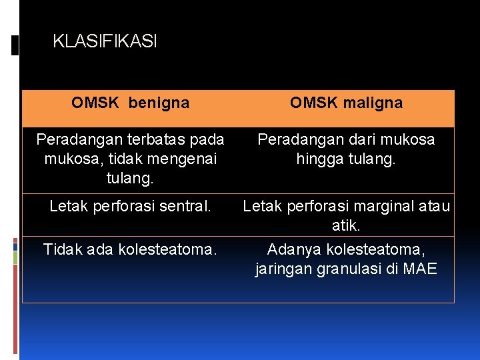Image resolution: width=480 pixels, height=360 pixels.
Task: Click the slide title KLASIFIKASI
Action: click(105, 42)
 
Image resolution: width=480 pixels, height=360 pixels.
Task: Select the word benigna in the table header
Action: click(159, 103)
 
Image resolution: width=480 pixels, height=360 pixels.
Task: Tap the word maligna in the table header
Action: click(374, 103)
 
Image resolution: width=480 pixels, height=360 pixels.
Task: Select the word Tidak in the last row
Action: click(61, 250)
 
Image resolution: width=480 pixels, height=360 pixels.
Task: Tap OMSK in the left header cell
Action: click(95, 103)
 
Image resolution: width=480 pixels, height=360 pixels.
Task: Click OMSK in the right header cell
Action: click(313, 103)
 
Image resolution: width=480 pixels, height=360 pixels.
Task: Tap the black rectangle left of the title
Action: click(15, 45)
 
